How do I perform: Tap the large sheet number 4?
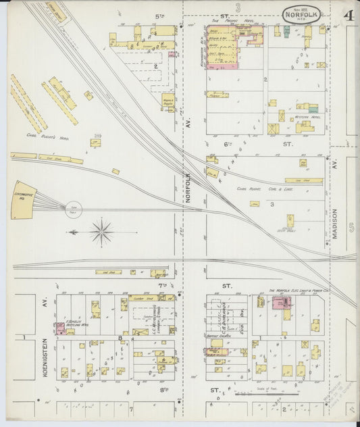click(x=348, y=15)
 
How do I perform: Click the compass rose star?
click(x=102, y=232)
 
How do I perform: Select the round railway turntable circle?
click(x=72, y=210)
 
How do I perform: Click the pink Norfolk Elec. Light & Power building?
click(x=277, y=305)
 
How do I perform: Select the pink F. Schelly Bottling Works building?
click(x=61, y=329)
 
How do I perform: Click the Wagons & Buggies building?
click(x=168, y=102)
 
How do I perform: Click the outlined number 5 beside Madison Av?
click(x=351, y=230)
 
